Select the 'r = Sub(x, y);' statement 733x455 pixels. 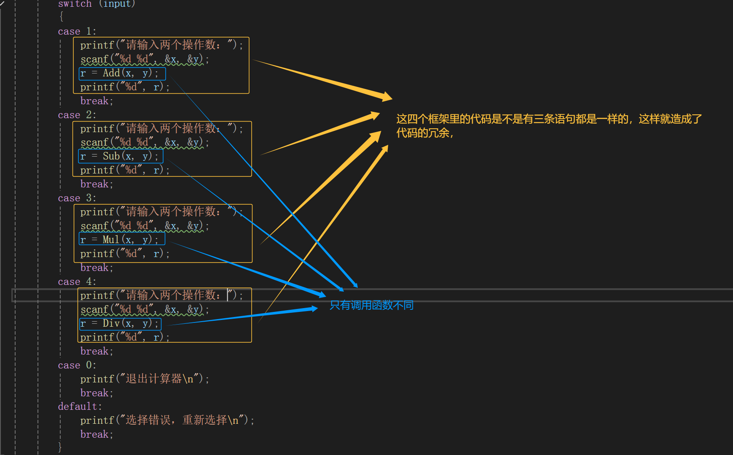click(119, 157)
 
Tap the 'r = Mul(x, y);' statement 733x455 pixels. click(119, 240)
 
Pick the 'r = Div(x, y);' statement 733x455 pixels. click(119, 324)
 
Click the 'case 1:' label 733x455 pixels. click(77, 32)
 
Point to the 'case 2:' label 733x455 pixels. click(77, 115)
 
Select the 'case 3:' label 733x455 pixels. click(77, 198)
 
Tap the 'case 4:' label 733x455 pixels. click(77, 282)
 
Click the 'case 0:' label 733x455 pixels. click(77, 366)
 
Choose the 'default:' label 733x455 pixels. click(80, 407)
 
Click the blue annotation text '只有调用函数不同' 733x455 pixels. click(371, 305)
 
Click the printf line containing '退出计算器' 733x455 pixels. click(144, 379)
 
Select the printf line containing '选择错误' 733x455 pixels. click(167, 420)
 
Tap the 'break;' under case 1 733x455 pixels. click(97, 101)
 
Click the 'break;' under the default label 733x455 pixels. click(97, 435)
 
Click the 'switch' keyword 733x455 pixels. click(75, 4)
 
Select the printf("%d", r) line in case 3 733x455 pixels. click(125, 254)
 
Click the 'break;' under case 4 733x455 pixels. click(97, 352)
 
